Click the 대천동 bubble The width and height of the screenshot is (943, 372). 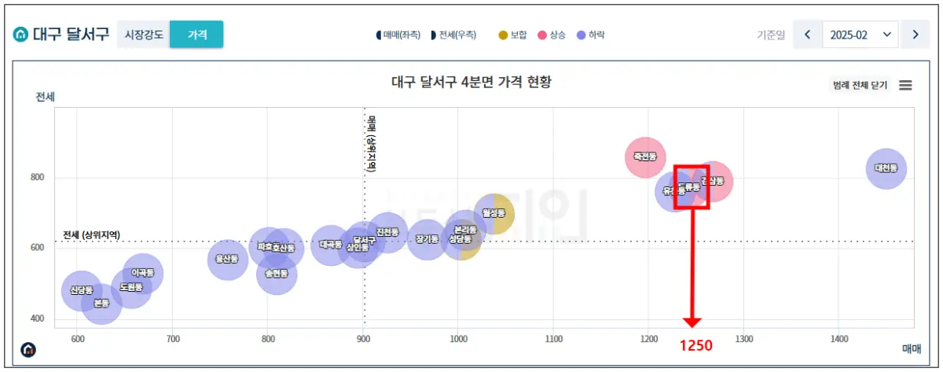(886, 168)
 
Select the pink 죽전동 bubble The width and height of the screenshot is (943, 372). (645, 157)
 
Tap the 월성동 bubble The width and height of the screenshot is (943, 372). (494, 212)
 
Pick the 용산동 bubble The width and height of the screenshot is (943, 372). (228, 259)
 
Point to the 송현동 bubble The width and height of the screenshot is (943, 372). (277, 274)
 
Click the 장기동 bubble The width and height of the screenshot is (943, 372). (427, 239)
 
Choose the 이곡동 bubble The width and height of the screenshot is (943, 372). (142, 273)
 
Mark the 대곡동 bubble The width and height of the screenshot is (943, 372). (330, 245)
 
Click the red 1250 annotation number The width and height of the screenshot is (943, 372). (696, 345)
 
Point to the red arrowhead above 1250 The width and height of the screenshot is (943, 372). (692, 322)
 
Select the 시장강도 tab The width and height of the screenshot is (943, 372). (145, 35)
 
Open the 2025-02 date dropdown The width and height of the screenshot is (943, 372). (860, 35)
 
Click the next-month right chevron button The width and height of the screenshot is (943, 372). (915, 35)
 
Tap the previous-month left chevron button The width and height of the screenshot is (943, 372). (807, 35)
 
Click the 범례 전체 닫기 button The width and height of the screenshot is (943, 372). (860, 85)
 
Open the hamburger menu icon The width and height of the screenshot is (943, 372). (905, 85)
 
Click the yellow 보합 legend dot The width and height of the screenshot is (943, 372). (503, 35)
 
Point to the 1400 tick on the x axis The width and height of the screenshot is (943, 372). (839, 339)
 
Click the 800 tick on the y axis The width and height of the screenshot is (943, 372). (38, 178)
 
